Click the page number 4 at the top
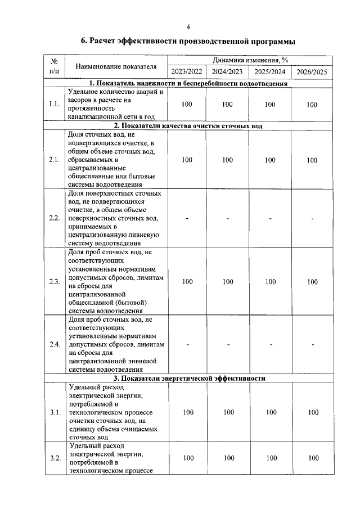click(188, 26)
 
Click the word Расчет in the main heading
click(107, 41)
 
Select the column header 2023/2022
click(187, 71)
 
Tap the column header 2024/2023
click(227, 71)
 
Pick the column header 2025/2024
click(270, 71)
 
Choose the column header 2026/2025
click(312, 71)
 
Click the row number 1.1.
click(55, 104)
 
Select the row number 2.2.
click(55, 218)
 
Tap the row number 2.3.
click(55, 282)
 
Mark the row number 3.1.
click(55, 413)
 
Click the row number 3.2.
click(55, 458)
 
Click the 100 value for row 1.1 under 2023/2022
click(187, 105)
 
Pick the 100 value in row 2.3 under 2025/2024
click(270, 282)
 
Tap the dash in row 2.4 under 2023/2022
click(187, 345)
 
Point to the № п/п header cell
click(55, 66)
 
